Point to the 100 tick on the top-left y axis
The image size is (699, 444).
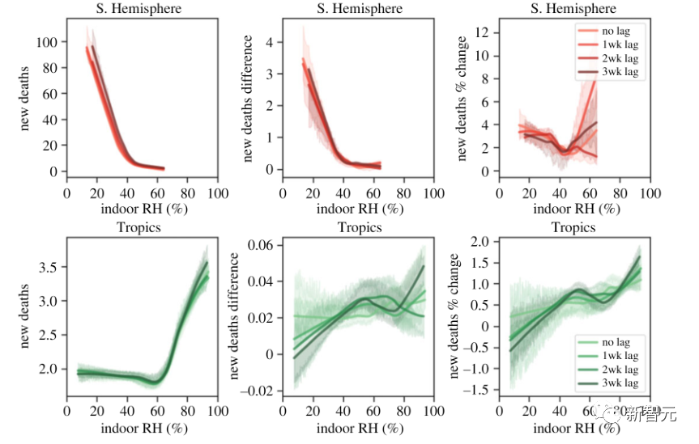tap(49, 41)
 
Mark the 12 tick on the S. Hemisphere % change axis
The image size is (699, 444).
tap(485, 32)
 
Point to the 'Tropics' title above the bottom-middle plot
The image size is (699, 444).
tap(360, 227)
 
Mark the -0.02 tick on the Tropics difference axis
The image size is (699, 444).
tap(261, 391)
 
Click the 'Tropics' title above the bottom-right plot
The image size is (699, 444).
tap(573, 227)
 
